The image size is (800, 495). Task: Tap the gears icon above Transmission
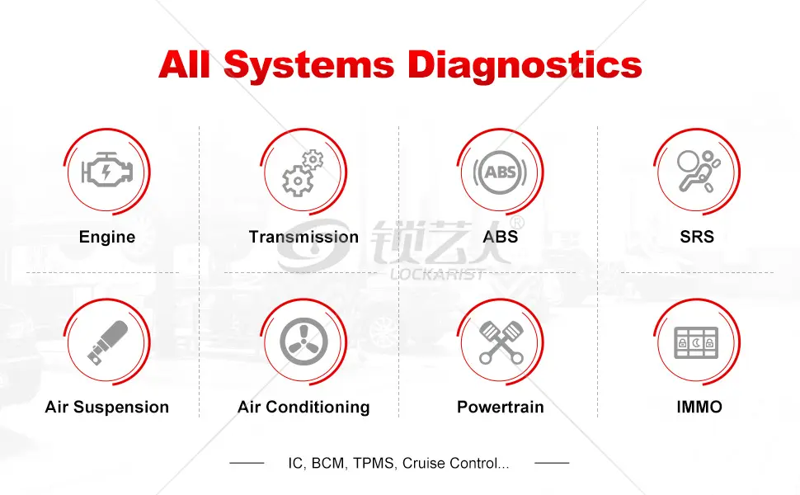303,173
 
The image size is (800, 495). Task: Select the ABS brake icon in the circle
500,172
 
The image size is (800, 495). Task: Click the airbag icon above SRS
698,172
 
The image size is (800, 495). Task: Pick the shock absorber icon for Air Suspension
108,342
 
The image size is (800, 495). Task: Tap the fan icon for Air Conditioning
304,342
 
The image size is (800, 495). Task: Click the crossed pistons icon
501,342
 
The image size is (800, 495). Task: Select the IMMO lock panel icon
696,342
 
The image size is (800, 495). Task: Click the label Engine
107,237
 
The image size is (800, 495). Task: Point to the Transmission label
304,237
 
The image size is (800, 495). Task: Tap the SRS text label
697,237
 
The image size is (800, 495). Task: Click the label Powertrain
501,408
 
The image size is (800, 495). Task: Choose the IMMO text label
699,408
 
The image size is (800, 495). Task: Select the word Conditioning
318,408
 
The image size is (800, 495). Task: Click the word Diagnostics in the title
525,65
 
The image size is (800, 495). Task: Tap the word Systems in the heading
309,65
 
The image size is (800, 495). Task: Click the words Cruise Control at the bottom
450,464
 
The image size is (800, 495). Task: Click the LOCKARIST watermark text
437,275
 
